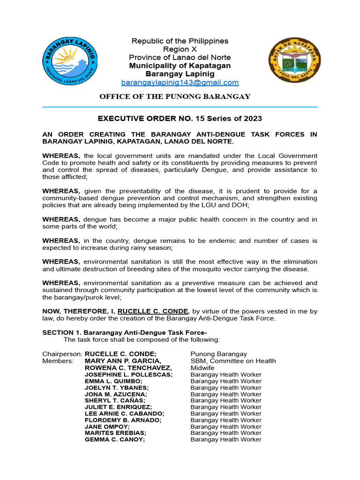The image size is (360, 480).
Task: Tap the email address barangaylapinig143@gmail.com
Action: [180, 82]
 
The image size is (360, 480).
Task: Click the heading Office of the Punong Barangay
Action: [175, 97]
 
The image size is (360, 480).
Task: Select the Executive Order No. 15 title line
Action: [180, 119]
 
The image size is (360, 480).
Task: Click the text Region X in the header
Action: [180, 49]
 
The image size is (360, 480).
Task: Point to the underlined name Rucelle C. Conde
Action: [153, 311]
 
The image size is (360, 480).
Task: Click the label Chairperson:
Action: [62, 354]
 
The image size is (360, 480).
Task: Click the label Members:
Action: [58, 361]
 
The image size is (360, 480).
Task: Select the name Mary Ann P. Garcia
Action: [123, 361]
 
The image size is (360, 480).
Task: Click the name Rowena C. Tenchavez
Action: [128, 368]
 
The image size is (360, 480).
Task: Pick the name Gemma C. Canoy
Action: [115, 440]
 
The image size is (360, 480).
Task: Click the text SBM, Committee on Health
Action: [233, 361]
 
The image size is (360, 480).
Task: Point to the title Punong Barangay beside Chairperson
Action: [218, 354]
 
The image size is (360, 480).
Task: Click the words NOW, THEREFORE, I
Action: [79, 311]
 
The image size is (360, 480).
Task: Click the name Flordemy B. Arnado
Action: [123, 420]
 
